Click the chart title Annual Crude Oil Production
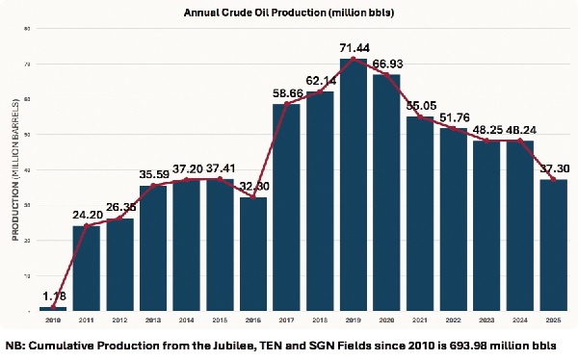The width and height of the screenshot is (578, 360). [x=288, y=13]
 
